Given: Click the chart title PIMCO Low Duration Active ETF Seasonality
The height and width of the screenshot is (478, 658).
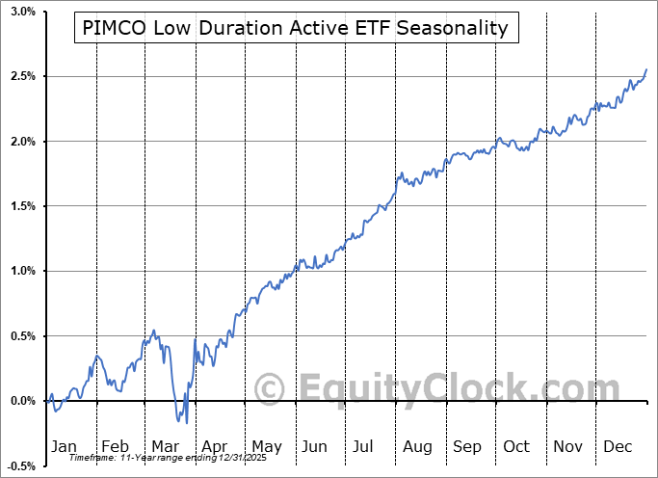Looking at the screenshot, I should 297,28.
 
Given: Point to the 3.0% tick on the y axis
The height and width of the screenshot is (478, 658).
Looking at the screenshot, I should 23,12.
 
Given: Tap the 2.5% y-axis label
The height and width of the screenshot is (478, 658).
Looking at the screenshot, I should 23,76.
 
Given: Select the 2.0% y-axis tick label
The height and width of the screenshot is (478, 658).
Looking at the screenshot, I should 23,142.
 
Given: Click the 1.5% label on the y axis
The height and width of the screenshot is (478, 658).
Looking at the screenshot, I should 23,206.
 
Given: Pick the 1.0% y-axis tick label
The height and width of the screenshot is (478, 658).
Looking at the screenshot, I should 23,271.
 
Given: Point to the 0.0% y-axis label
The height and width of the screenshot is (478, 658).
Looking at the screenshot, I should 23,401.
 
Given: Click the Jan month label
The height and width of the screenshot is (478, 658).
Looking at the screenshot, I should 64,446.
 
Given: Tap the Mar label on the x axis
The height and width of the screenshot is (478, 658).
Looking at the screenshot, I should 165,446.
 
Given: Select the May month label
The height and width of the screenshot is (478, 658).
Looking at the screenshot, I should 266,446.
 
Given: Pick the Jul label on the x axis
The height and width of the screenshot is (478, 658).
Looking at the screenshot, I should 364,446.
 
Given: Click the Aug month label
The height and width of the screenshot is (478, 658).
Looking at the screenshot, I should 417,446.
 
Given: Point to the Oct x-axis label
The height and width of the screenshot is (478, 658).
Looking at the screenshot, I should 516,446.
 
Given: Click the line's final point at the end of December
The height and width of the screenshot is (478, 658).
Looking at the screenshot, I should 646,69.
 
